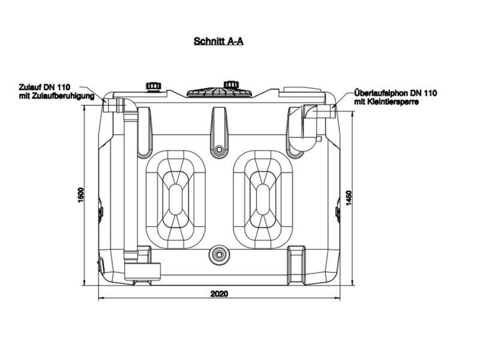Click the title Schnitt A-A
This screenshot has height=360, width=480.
coord(218,41)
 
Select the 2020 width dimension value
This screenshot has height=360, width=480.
coord(219,294)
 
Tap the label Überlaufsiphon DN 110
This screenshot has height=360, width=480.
coord(395,93)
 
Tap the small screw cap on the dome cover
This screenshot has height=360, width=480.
coord(231,85)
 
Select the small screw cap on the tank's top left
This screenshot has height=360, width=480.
coord(154,86)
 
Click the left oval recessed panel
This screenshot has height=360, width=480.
coord(176,199)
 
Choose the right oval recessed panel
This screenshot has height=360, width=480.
coord(263,199)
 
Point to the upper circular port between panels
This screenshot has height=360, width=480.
coord(220,149)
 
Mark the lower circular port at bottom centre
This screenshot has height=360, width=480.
coord(220,254)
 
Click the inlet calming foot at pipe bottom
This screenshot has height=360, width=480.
coord(142,271)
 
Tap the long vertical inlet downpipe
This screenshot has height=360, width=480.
coord(130,180)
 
